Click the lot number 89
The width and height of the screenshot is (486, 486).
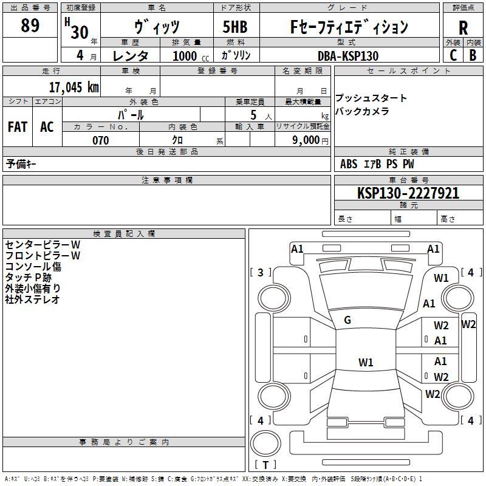[30, 26]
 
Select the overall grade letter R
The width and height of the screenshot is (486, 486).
[463, 28]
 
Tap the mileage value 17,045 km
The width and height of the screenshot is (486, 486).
[74, 87]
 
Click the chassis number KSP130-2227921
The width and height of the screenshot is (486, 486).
[408, 193]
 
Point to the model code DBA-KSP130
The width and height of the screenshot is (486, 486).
[348, 56]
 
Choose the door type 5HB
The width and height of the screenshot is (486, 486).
[235, 27]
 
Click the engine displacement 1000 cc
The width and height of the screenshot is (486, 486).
[191, 56]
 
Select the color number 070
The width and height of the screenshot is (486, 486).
[101, 140]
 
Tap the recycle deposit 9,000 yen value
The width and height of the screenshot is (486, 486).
[310, 140]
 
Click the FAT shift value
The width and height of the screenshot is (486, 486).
[18, 127]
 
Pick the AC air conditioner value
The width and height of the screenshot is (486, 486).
[47, 127]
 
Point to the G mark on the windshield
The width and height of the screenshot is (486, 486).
[347, 320]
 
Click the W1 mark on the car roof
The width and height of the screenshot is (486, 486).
[366, 362]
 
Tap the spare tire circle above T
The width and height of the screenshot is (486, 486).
[265, 443]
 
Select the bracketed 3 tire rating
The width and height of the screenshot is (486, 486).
[261, 272]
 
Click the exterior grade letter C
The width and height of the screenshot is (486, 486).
[453, 55]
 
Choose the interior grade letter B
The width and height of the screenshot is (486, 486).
[473, 55]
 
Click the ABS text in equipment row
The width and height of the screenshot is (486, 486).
[349, 164]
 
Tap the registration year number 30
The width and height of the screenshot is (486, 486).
[80, 32]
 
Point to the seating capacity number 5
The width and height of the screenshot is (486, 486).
[253, 115]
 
